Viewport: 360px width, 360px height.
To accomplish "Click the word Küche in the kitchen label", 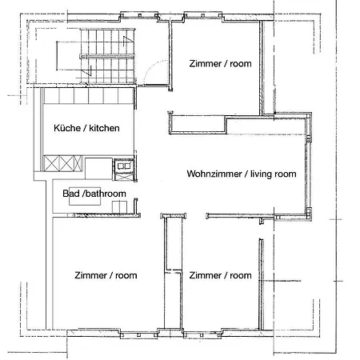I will (66, 129).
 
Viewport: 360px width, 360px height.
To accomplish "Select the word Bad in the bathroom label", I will (71, 193).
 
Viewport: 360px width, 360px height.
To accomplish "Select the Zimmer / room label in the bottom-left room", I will (104, 275).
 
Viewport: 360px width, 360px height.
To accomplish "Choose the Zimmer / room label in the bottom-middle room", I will (220, 275).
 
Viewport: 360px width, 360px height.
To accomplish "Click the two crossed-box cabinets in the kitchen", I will (62, 162).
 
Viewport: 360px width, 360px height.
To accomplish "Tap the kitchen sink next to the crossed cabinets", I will (122, 168).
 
